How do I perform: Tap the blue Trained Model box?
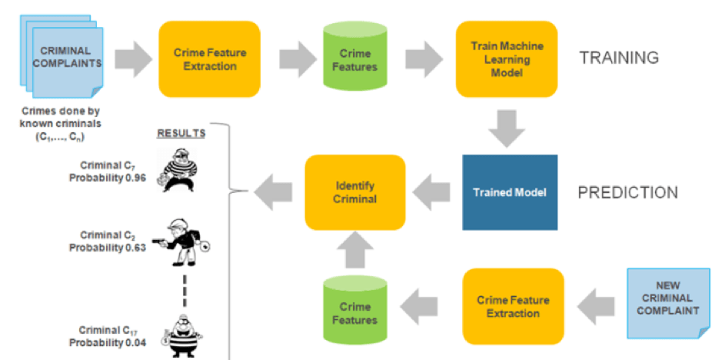click(509, 192)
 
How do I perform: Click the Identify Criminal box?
click(355, 192)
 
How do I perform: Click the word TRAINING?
click(618, 58)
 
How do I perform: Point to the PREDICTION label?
click(627, 192)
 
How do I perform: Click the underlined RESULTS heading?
click(181, 133)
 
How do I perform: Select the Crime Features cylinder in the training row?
click(355, 60)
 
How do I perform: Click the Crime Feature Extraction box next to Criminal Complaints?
click(209, 59)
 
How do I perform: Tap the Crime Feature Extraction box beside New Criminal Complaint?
click(513, 305)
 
